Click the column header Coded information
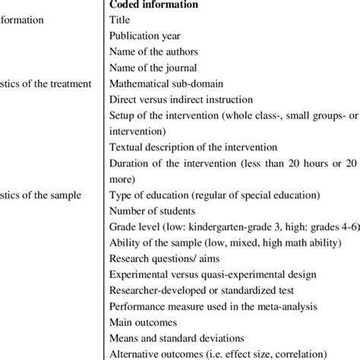point(156,5)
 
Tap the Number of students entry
point(151,210)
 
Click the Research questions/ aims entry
point(163,257)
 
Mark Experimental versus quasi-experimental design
point(208,273)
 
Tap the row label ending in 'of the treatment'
point(46,84)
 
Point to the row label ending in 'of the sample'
point(42,194)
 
